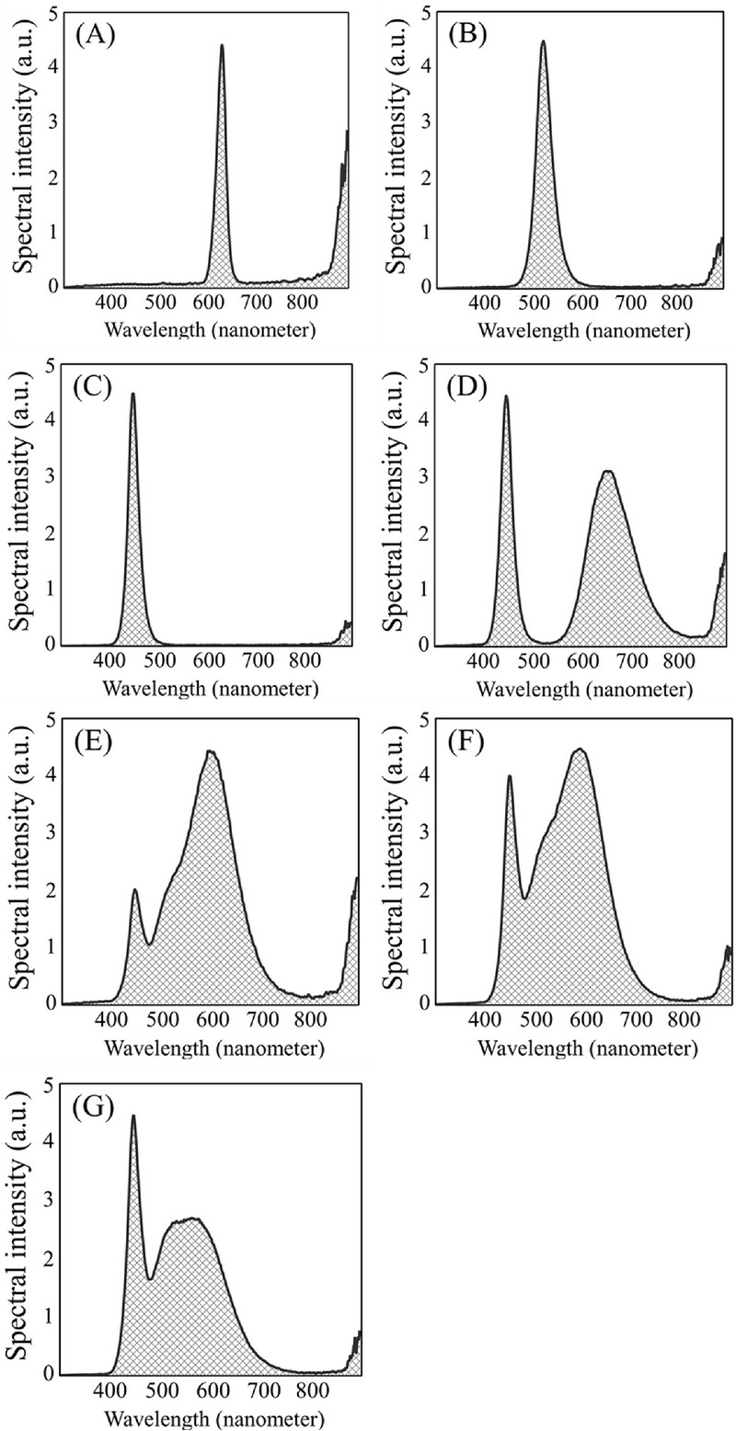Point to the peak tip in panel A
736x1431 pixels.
[222, 45]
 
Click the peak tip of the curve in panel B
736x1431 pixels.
[543, 41]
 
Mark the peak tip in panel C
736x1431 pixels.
[133, 395]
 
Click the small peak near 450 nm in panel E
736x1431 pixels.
[135, 890]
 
